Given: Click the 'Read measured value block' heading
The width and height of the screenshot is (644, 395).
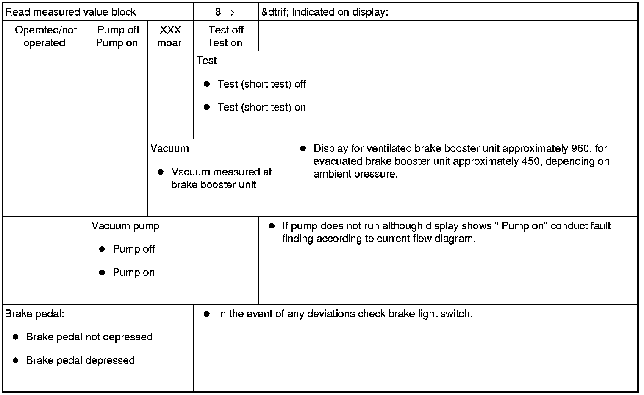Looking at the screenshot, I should tap(70, 12).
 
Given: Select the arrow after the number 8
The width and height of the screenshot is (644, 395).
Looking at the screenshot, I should tap(229, 13).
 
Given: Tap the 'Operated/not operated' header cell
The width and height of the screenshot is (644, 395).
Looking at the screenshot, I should tap(45, 36).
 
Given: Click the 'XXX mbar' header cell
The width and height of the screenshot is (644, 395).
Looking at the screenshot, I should tap(170, 36).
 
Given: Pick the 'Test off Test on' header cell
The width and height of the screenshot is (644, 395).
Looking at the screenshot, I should tap(225, 36).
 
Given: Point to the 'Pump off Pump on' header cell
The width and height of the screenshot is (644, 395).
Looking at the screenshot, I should tap(118, 36).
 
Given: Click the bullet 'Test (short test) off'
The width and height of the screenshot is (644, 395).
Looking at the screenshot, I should tap(261, 84).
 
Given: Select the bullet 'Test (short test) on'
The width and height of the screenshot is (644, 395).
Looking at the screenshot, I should tap(261, 107).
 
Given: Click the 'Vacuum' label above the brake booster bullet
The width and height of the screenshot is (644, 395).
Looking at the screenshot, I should tap(169, 149).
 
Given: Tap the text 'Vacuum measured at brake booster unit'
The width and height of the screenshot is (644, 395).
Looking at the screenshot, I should tap(221, 178).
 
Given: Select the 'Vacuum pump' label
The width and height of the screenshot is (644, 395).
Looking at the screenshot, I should tap(125, 226).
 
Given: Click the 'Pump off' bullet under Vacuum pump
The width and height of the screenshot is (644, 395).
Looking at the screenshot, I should tap(133, 249).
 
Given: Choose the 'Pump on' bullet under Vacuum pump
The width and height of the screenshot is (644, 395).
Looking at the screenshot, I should tap(133, 273).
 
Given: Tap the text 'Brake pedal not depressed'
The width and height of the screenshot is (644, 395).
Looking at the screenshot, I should tap(89, 337).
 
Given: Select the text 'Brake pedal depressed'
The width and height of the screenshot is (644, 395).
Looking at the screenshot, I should tap(80, 361).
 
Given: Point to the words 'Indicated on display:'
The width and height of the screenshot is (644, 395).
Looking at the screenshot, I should tap(340, 12).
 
